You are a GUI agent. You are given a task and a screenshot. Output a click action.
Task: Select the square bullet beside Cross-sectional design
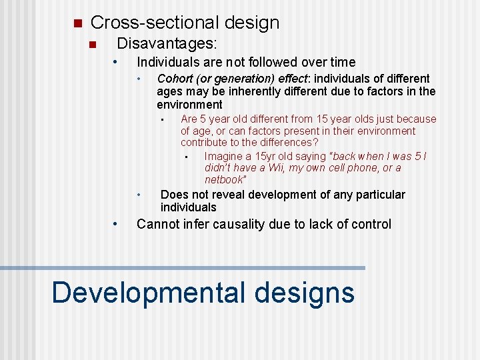click(77, 23)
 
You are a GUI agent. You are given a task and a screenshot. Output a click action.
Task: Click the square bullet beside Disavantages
click(93, 45)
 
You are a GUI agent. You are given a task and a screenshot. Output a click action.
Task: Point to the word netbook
click(225, 180)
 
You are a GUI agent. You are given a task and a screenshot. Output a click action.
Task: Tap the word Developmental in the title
click(149, 293)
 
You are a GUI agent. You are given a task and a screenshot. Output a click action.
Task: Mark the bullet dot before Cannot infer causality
click(116, 224)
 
